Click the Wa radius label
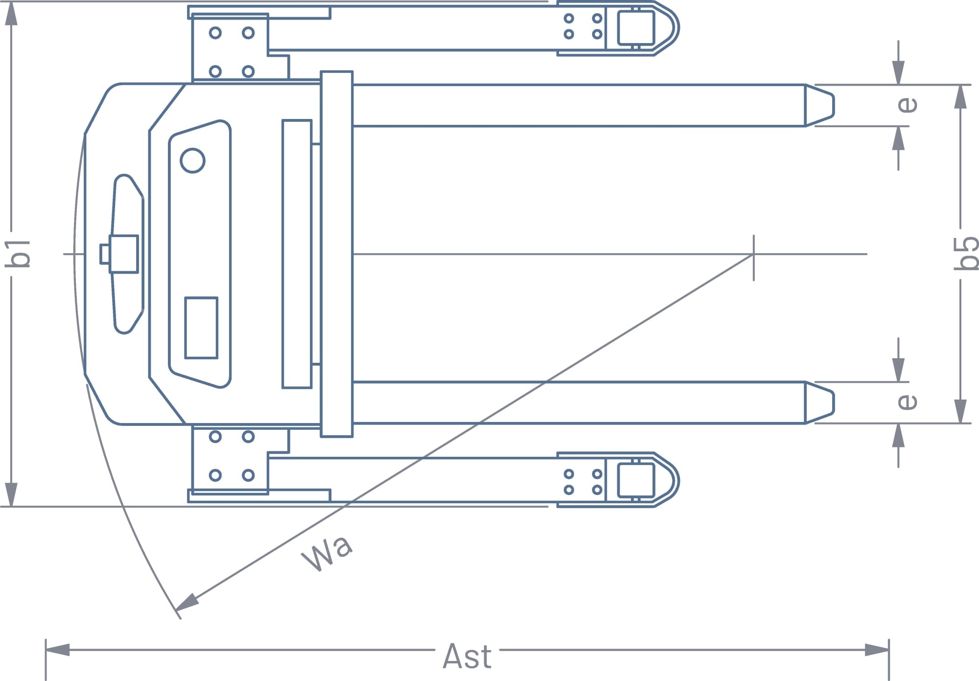tap(327, 554)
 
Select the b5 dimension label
tap(966, 253)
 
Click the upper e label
tap(907, 105)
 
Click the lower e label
tap(907, 402)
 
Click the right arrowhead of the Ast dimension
tap(877, 650)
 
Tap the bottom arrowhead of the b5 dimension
tap(960, 411)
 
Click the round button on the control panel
tap(192, 161)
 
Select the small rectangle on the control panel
tap(201, 328)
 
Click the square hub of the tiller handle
tap(123, 254)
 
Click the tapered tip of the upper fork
tap(819, 105)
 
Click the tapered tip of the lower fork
tap(819, 402)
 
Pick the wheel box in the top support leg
tap(636, 28)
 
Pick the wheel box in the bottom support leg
tap(636, 480)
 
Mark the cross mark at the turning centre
tap(753, 254)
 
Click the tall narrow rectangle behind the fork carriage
tap(297, 254)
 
